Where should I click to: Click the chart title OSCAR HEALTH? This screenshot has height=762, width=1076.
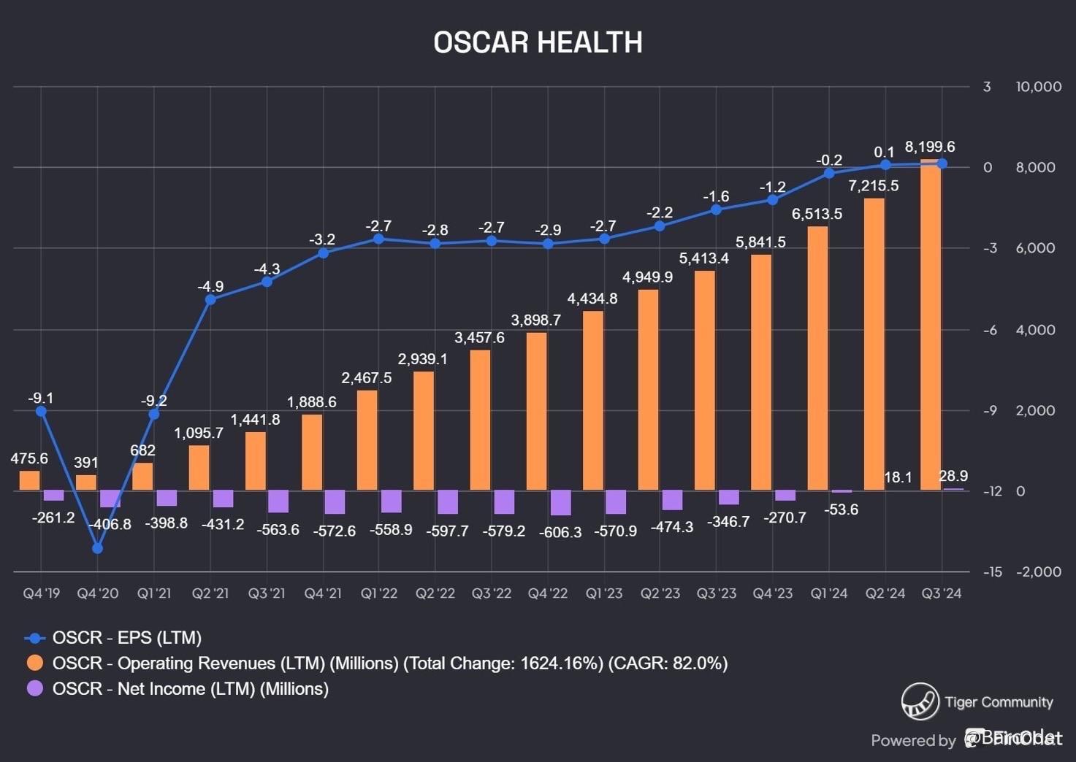538,42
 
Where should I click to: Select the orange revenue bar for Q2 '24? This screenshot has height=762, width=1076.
874,344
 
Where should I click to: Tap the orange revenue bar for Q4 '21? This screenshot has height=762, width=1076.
312,452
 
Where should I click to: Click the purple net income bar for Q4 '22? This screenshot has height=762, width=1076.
560,502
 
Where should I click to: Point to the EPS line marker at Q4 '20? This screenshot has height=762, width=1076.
98,548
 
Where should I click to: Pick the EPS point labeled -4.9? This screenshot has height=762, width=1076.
210,299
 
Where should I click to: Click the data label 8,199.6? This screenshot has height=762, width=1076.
929,147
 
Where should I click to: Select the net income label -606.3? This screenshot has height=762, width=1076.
560,532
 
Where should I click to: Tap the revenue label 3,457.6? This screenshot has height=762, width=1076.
479,337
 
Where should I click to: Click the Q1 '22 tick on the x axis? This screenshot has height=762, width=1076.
379,593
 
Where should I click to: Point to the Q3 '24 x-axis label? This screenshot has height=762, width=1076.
942,593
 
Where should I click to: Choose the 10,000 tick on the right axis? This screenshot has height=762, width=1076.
1038,87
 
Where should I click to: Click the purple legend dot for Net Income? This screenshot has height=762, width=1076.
35,688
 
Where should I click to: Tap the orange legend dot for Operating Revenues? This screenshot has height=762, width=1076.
35,663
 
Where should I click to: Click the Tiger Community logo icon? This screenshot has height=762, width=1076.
920,701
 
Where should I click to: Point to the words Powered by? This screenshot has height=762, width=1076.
913,740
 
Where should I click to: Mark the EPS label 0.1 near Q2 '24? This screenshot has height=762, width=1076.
884,152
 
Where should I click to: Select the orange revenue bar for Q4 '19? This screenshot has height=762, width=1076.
29,480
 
